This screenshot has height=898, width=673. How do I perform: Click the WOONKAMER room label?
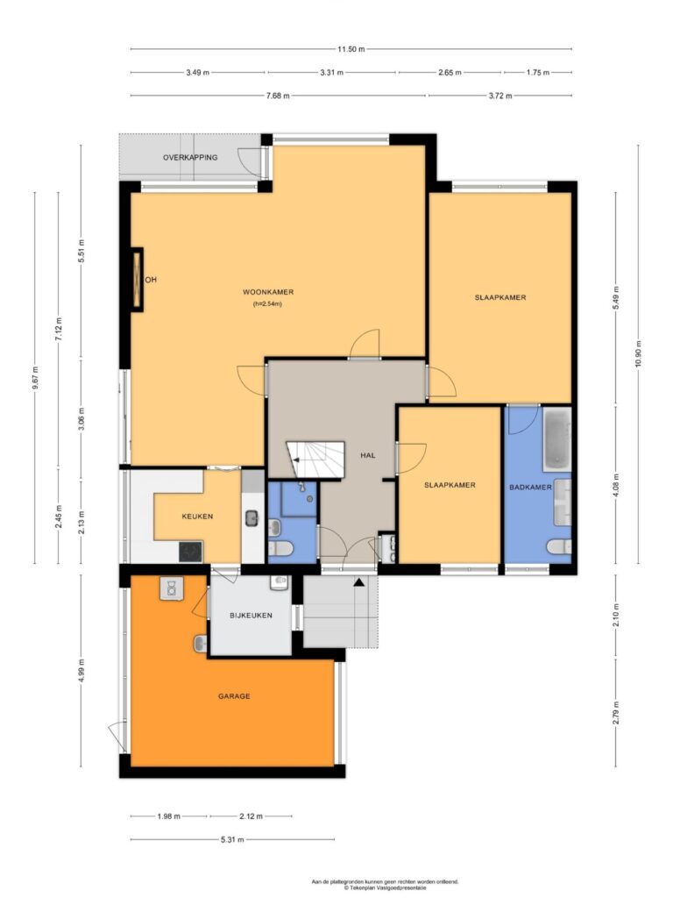tap(268, 292)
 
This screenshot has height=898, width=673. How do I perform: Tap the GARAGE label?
tap(234, 696)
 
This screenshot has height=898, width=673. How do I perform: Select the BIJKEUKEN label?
tap(251, 616)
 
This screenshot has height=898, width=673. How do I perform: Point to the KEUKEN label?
tap(197, 516)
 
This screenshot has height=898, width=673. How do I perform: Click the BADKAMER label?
tap(530, 488)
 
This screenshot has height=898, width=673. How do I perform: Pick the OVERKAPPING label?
tap(190, 158)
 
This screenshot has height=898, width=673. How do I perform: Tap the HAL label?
tap(368, 455)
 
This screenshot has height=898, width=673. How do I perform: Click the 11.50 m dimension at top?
tap(351, 49)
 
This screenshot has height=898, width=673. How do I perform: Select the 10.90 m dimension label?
tap(639, 354)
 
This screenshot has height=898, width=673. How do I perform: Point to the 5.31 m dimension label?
tap(232, 839)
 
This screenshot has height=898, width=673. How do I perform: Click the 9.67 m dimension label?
tap(35, 378)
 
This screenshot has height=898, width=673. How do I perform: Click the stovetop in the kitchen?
tap(190, 552)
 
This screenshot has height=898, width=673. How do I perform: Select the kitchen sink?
tap(251, 518)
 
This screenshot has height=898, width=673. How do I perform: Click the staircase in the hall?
tap(315, 460)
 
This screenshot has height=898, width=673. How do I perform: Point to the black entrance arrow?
tap(358, 582)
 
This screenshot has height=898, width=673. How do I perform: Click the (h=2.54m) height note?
tap(268, 304)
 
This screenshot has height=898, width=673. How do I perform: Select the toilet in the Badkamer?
tap(558, 547)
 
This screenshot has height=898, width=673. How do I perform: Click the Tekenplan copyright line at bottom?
tap(386, 887)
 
